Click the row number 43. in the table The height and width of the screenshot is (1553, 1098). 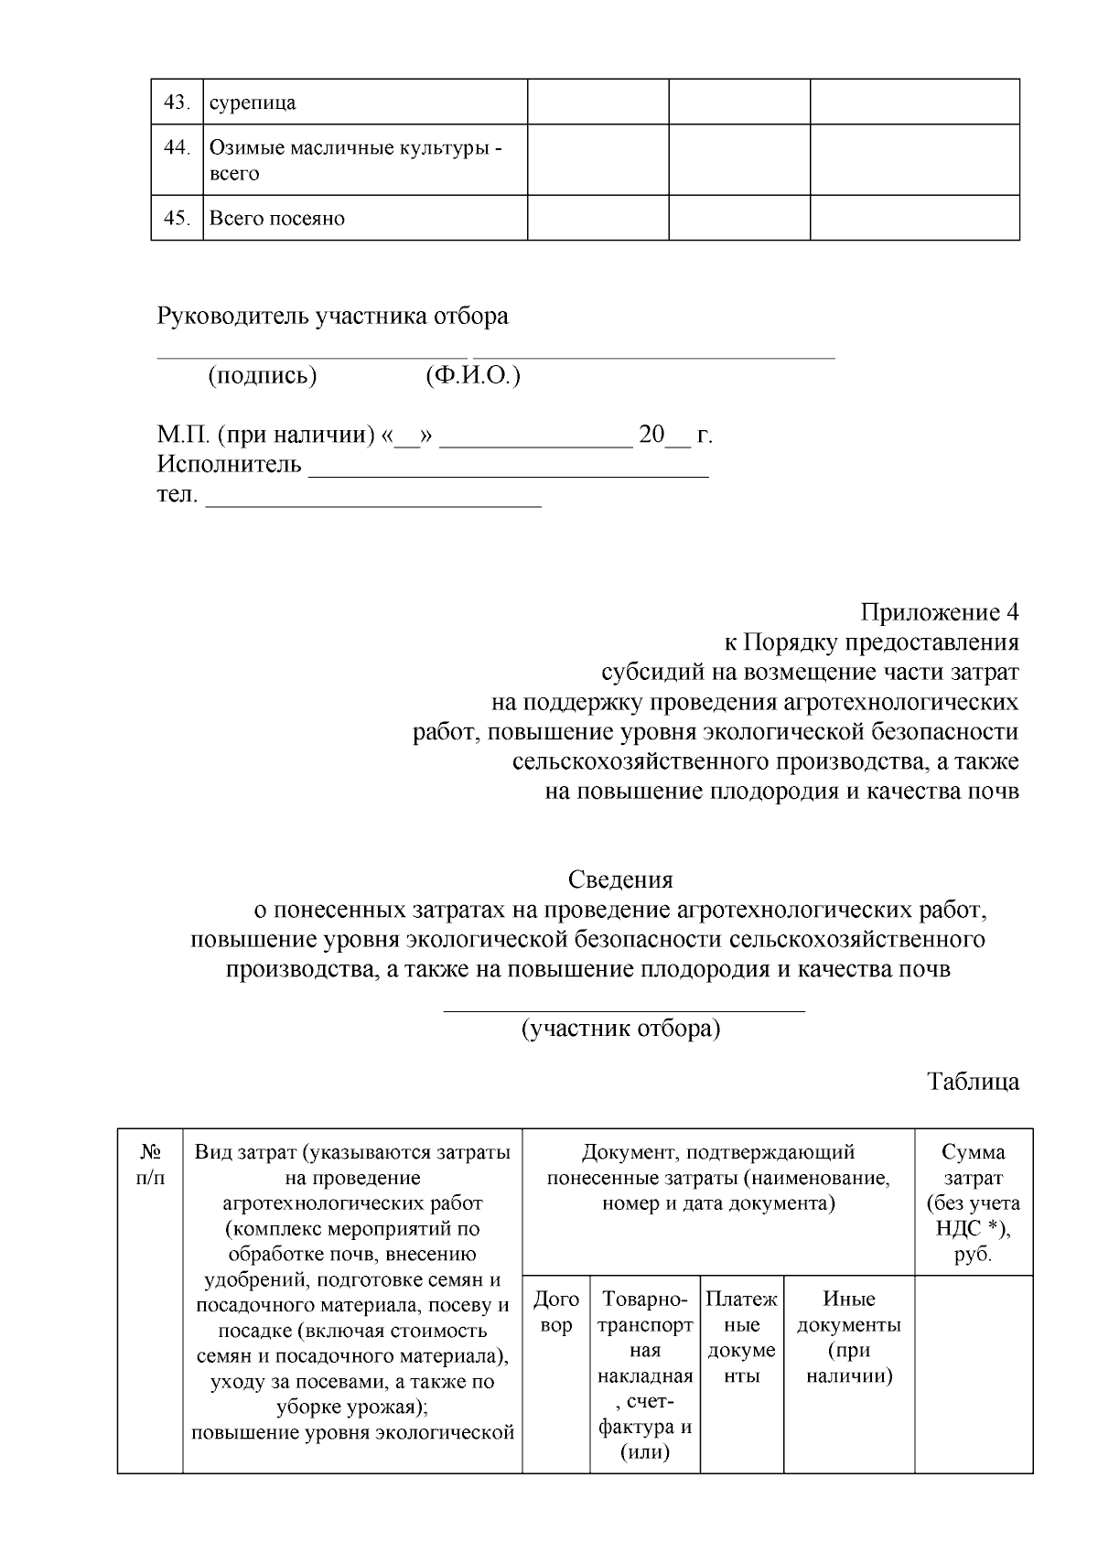click(x=176, y=102)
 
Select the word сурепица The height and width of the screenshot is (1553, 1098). click(x=253, y=102)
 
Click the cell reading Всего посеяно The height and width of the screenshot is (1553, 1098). click(x=276, y=219)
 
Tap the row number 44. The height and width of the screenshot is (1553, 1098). click(x=176, y=147)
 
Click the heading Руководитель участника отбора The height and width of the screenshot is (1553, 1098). click(x=332, y=317)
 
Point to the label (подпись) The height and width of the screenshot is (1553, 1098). click(x=263, y=376)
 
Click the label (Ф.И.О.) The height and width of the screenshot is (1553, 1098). click(x=472, y=376)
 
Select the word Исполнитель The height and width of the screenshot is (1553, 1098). click(x=229, y=464)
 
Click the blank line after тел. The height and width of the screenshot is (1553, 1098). click(x=373, y=499)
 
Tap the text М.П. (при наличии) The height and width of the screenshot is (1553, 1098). click(x=266, y=435)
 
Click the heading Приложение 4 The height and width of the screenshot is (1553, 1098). click(x=939, y=612)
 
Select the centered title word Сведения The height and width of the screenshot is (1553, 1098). click(x=620, y=880)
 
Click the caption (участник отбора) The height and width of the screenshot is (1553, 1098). click(x=620, y=1029)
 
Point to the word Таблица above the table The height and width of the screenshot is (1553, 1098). click(x=974, y=1082)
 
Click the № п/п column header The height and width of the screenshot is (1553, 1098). click(x=150, y=1165)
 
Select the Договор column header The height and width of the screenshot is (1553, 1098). click(x=555, y=1311)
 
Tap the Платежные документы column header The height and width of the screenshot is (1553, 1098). click(x=741, y=1337)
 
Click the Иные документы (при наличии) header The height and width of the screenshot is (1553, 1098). click(x=849, y=1337)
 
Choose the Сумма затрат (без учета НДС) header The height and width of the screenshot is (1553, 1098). click(x=974, y=1202)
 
